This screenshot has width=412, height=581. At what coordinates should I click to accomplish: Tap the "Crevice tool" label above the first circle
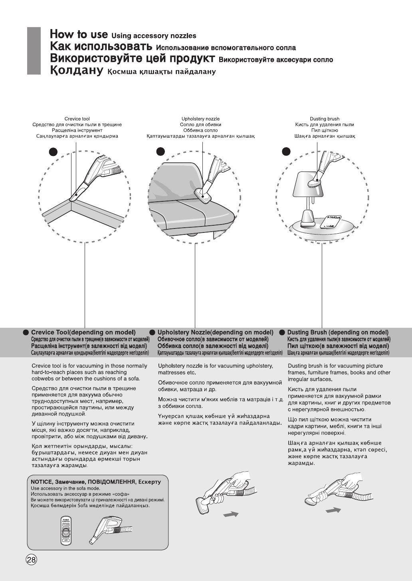(77, 119)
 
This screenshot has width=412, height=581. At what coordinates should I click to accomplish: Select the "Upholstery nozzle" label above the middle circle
(200, 119)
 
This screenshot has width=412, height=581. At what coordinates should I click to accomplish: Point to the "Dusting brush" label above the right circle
(325, 119)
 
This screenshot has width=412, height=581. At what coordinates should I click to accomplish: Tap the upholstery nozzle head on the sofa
(204, 195)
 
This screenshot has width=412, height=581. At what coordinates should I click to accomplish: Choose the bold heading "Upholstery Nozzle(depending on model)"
(215, 332)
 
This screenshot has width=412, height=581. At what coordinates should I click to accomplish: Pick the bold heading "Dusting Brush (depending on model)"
(338, 332)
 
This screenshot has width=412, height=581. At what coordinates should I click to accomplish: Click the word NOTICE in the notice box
(42, 482)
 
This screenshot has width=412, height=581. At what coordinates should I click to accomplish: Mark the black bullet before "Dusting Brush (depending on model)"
(282, 332)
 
